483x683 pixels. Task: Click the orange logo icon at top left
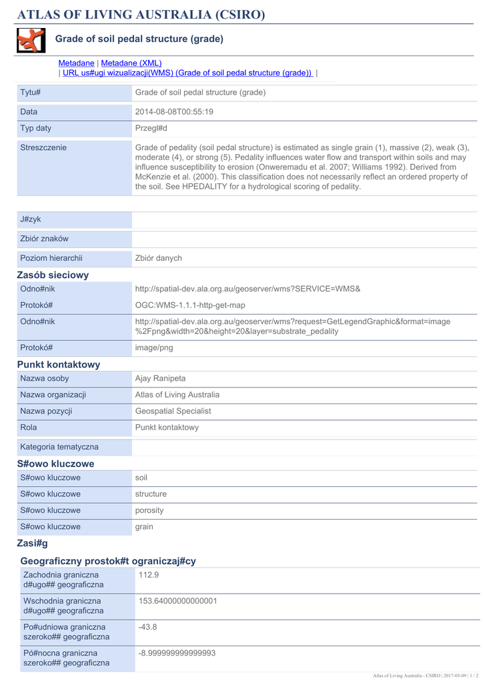(31, 41)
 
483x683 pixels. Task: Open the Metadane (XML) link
(131, 63)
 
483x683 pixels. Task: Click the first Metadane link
(76, 63)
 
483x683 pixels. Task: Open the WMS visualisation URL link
(187, 73)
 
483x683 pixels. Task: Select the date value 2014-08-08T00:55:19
(174, 112)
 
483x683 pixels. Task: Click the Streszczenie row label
(43, 147)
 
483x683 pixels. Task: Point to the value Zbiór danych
(159, 258)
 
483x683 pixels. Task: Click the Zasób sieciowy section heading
(53, 275)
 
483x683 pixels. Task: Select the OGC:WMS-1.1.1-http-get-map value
(190, 305)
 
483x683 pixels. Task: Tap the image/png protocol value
(154, 348)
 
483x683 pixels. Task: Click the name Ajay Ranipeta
(160, 379)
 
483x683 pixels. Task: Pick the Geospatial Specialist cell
(173, 412)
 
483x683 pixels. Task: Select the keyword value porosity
(149, 510)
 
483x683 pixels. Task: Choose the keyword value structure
(151, 494)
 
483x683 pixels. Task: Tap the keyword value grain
(144, 527)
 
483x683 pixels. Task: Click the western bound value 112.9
(148, 574)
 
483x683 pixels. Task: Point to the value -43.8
(147, 627)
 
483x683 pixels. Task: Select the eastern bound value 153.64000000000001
(178, 601)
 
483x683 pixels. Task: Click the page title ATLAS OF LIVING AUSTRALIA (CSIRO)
(141, 15)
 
